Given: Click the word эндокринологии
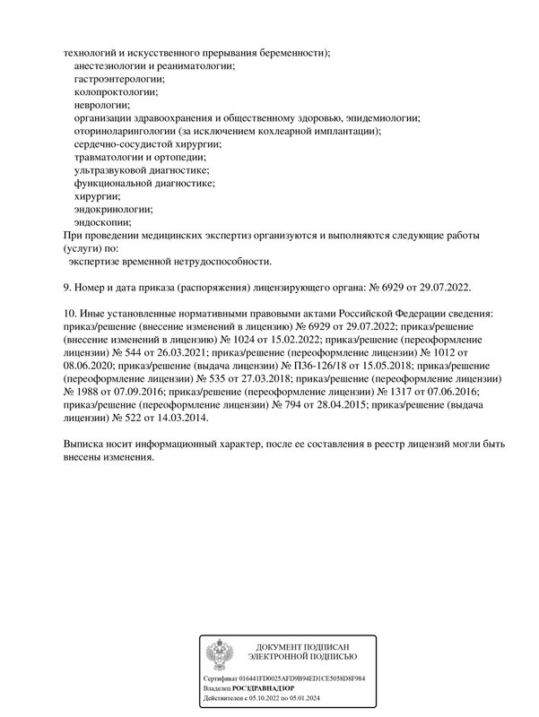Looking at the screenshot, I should (113, 208).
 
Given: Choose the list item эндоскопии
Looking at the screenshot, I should (103, 221).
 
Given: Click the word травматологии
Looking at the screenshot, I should (112, 157).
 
